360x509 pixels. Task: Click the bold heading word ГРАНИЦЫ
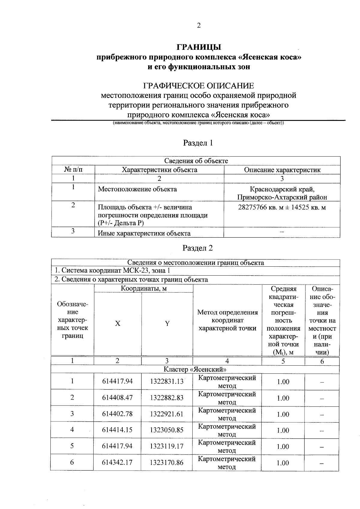click(198, 47)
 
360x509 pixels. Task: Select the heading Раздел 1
click(198, 143)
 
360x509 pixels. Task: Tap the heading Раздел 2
click(198, 248)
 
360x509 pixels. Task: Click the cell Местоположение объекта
click(137, 189)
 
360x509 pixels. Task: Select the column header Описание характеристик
click(282, 170)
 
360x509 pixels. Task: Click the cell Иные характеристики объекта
click(144, 233)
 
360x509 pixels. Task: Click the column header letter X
click(118, 323)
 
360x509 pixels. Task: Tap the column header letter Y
click(167, 323)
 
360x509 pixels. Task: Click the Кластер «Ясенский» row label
click(195, 369)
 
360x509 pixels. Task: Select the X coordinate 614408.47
click(117, 398)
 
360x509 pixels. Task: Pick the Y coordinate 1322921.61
click(166, 414)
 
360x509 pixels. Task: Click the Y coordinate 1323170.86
click(166, 463)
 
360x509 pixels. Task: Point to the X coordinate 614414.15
click(117, 430)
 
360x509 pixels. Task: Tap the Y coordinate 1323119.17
click(166, 446)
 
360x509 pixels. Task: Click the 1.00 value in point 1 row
click(283, 382)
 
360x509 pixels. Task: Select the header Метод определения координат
click(227, 320)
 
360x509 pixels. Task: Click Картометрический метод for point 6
click(227, 463)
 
